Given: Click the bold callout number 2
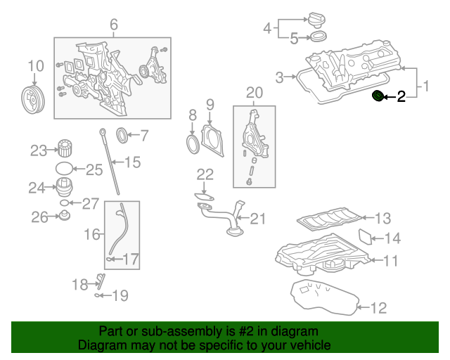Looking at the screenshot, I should coord(401,97).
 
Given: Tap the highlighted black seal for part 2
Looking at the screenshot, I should coord(378,96).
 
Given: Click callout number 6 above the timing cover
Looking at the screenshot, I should coord(113,27).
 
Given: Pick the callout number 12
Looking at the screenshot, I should coord(378,307).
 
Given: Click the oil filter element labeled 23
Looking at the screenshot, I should coord(65,149).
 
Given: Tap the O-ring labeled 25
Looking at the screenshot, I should coord(63,169).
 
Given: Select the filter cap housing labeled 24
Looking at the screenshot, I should coord(65,187).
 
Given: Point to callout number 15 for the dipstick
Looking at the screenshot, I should coord(132,162).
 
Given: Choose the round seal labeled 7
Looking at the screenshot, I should coord(122,134).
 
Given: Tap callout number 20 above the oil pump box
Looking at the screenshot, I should coord(255,92).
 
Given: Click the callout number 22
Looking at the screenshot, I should coord(205,174).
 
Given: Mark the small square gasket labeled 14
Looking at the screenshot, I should coord(366,237).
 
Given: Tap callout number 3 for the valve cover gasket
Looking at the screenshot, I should coord(279,76).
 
